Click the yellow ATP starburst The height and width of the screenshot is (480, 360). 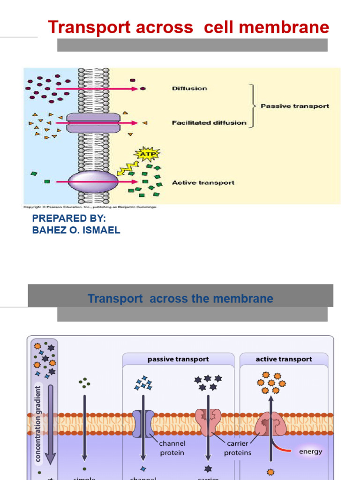pyautogui.click(x=147, y=154)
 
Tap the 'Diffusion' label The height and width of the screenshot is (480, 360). pyautogui.click(x=189, y=88)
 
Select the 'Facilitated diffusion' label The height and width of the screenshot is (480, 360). pyautogui.click(x=209, y=123)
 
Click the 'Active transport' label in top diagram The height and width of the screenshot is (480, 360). pyautogui.click(x=203, y=182)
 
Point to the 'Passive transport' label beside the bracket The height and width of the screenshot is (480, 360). pyautogui.click(x=294, y=106)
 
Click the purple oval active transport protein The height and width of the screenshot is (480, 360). pyautogui.click(x=93, y=182)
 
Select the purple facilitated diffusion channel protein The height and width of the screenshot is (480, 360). pyautogui.click(x=93, y=123)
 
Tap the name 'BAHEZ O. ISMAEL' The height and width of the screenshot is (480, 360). pyautogui.click(x=76, y=230)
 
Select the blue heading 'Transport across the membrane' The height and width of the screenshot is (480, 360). pyautogui.click(x=180, y=299)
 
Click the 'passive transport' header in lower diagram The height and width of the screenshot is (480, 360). pyautogui.click(x=178, y=360)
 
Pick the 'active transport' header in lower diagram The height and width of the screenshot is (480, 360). pyautogui.click(x=284, y=360)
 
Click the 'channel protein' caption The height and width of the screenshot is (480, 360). pyautogui.click(x=172, y=448)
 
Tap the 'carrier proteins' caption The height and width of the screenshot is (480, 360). pyautogui.click(x=237, y=448)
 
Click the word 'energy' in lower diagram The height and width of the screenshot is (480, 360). pyautogui.click(x=310, y=452)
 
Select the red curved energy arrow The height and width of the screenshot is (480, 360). pyautogui.click(x=284, y=449)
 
